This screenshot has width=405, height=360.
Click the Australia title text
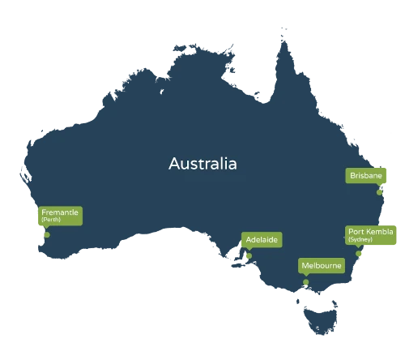point(202,165)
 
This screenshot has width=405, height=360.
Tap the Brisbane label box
point(365,175)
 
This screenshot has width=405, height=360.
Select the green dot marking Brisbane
point(378,193)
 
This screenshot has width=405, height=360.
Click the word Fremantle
point(59,212)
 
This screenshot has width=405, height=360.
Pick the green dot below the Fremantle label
point(47,236)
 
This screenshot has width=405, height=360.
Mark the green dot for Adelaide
point(249,257)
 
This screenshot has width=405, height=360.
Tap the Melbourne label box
point(321,266)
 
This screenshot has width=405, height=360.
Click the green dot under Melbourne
point(306,282)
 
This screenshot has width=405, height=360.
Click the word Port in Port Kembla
point(356,232)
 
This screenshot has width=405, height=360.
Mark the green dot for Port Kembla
point(359,253)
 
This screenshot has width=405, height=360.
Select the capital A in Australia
point(173,165)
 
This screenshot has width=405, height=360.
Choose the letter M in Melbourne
point(304,266)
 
